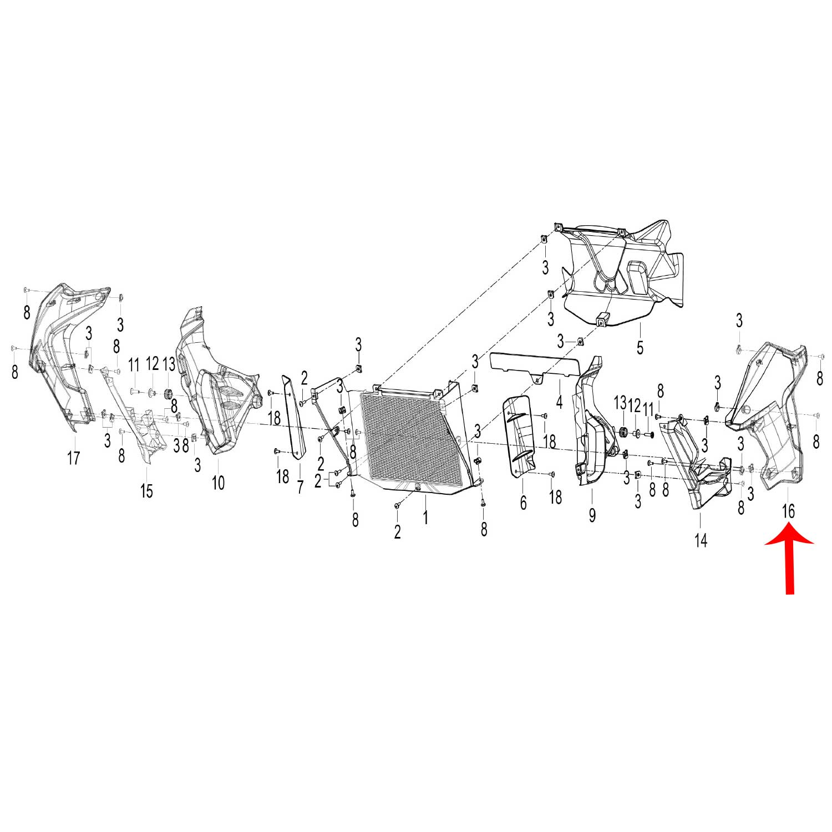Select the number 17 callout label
pos(74,458)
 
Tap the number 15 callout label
pos(146,491)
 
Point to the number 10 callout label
pos(218,483)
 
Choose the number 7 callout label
pos(300,487)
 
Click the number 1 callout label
pos(425,518)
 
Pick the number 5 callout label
pos(640,348)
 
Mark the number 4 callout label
pos(559,401)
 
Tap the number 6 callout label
pos(523,503)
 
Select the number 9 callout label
pos(592,515)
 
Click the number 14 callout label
pos(701,540)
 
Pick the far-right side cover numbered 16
pos(771,410)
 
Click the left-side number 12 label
pos(153,364)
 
